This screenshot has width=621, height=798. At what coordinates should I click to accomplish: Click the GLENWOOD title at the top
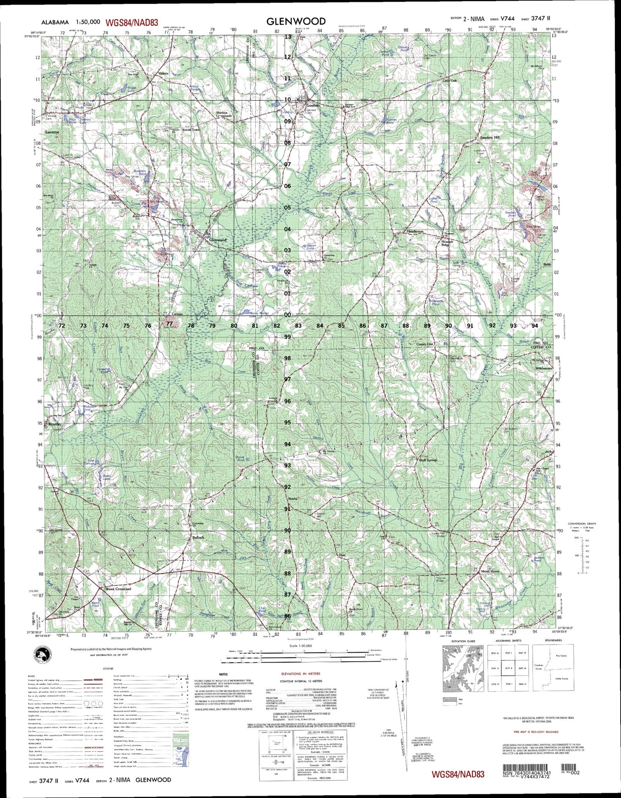(296, 21)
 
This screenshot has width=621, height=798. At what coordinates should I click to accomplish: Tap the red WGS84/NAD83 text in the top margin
(132, 23)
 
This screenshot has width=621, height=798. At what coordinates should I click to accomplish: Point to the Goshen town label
(313, 106)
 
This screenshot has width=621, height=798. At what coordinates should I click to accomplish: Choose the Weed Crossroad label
(118, 589)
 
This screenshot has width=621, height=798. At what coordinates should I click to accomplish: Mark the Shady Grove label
(490, 571)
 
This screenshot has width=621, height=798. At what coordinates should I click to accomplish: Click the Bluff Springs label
(428, 460)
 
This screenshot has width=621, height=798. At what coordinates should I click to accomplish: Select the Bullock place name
(198, 537)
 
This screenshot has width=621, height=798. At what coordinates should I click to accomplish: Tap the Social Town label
(191, 130)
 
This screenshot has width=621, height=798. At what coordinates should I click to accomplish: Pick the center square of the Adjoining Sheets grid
(508, 668)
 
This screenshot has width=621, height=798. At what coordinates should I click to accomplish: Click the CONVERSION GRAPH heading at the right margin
(581, 523)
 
